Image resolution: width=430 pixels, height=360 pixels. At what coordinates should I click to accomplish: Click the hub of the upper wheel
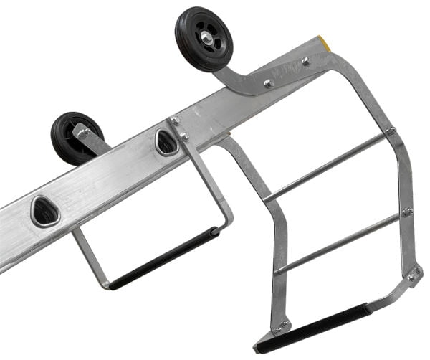[205, 37]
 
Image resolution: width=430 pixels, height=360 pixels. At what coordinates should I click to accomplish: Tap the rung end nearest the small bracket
[166, 142]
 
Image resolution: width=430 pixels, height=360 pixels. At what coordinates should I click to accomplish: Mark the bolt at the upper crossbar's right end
[391, 131]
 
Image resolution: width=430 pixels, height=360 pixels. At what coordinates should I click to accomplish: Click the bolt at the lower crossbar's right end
[407, 212]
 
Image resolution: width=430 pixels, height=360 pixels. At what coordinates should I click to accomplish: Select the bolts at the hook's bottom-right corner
[414, 275]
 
